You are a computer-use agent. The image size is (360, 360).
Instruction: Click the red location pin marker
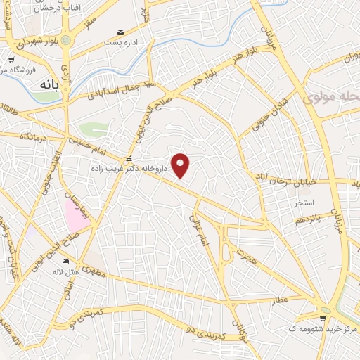coord(181,165)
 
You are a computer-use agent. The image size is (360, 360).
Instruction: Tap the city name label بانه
coord(43,83)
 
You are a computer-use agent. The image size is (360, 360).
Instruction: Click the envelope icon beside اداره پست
coord(121,32)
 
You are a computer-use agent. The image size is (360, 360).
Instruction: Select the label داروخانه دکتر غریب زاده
coord(131,169)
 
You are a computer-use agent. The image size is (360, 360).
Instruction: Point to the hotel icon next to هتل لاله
coord(67,261)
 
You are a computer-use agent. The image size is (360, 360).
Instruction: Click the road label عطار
coord(281,301)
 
